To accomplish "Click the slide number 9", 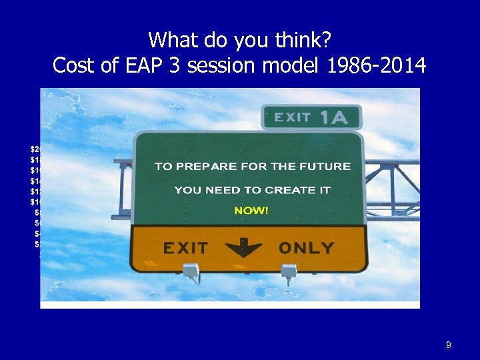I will pos(449,345).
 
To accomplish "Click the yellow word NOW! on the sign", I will pos(251,211).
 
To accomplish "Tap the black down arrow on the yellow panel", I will pos(244,248).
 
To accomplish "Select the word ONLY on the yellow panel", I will pos(306,248).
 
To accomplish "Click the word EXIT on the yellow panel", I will pos(185,248).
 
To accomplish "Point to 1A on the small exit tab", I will pos(333,118).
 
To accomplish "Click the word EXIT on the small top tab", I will pos(292,118).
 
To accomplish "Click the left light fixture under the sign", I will pos(190,270).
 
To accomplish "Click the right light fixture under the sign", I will pos(288,271).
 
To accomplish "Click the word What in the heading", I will pos(167,40).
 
